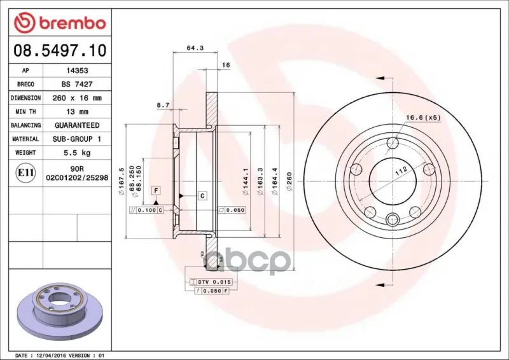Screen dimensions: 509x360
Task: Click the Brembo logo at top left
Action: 60,23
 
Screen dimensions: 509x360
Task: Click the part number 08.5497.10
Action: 60,51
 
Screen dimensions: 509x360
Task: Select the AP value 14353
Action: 77,71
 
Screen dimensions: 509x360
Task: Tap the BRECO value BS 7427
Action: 77,84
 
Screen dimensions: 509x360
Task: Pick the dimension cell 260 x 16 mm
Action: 77,98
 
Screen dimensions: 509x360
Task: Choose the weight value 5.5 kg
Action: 77,153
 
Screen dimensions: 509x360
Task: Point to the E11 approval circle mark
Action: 25,173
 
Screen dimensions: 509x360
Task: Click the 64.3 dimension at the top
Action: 195,48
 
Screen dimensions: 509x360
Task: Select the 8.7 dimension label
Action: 163,105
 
